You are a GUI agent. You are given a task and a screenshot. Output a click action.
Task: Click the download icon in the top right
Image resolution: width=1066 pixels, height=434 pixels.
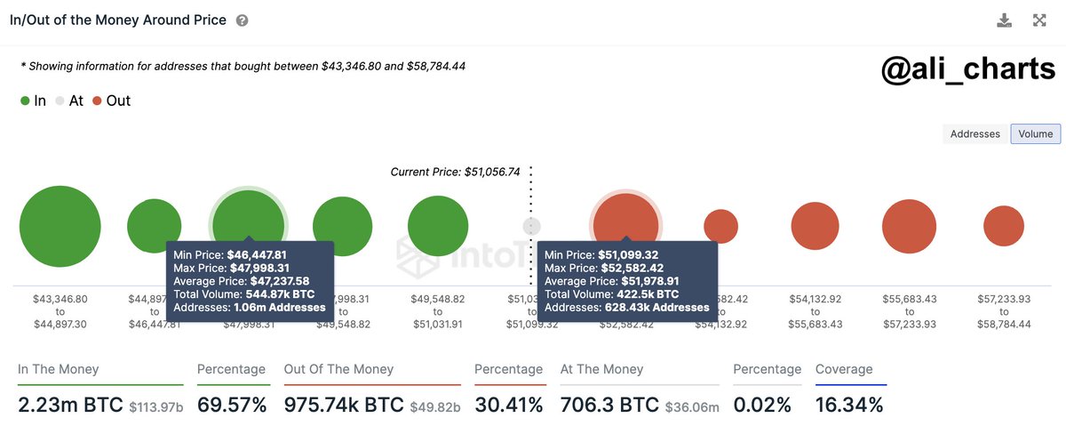1005,20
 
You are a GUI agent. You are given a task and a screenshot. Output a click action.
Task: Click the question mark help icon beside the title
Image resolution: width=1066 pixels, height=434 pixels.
243,20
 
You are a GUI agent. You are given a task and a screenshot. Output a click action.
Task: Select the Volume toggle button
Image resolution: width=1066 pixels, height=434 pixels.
1036,133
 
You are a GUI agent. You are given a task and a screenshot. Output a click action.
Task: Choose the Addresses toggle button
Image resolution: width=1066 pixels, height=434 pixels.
975,133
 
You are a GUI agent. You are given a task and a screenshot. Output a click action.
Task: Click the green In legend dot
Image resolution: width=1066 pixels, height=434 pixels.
25,101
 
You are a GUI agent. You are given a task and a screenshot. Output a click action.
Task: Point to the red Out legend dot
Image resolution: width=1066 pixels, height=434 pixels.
97,101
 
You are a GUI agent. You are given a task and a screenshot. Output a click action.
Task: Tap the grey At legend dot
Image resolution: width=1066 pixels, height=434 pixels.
60,101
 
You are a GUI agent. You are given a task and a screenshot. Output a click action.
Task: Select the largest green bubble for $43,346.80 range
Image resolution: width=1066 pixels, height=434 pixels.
60,226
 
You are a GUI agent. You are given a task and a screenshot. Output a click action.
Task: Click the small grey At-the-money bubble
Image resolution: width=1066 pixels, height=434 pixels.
531,226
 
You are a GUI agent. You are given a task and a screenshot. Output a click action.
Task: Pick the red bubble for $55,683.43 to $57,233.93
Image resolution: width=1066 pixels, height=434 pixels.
910,226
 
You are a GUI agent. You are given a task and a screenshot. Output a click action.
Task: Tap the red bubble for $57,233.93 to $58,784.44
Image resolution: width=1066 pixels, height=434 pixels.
1004,226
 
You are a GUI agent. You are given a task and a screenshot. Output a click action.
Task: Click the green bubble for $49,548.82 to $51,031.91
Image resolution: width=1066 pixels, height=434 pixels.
437,226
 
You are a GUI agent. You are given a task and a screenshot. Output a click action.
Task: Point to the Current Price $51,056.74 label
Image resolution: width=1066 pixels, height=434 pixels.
455,172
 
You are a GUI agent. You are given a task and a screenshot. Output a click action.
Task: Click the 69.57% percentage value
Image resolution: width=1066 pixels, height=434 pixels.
231,406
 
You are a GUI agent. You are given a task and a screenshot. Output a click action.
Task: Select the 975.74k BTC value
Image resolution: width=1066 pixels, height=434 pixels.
343,406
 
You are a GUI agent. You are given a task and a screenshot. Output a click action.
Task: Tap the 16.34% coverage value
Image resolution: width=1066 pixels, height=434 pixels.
850,406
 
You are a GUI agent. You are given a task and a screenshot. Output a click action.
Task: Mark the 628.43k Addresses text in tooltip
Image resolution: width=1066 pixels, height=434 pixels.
657,307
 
